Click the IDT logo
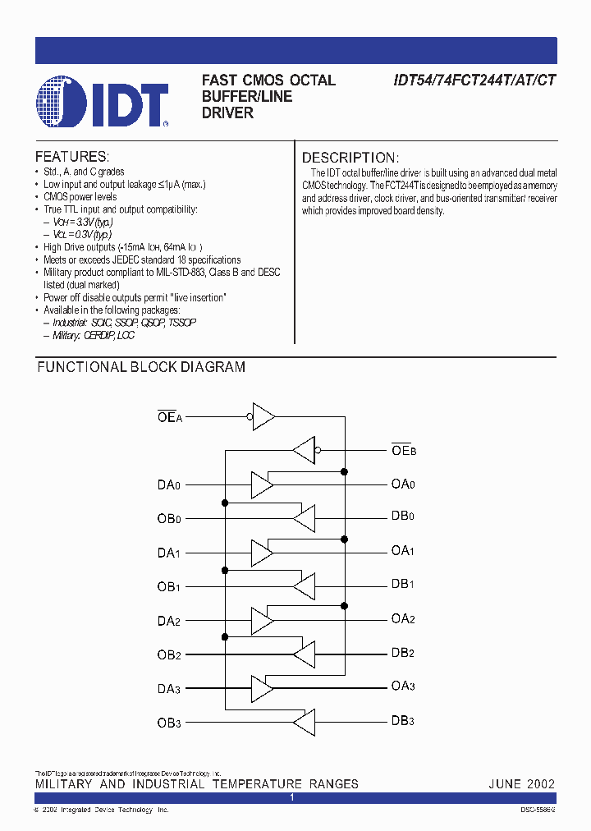coord(103,102)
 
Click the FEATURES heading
coord(72,157)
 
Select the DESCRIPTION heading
coord(350,158)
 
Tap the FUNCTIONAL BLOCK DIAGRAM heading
coord(141,368)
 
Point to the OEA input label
coord(169,416)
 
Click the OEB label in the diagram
coord(404,450)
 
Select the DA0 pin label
coord(169,484)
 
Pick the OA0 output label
coord(403,484)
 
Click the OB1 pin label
coord(169,586)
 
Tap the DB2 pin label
coord(403,654)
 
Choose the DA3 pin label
coord(169,688)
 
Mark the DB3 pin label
coord(403,722)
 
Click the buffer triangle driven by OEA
coord(263,416)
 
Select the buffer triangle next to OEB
coord(303,450)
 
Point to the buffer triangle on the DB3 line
coord(304,722)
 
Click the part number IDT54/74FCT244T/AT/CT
coord(474,80)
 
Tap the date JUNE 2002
coord(521,784)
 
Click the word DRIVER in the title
coord(227,113)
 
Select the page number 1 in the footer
coord(291,798)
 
